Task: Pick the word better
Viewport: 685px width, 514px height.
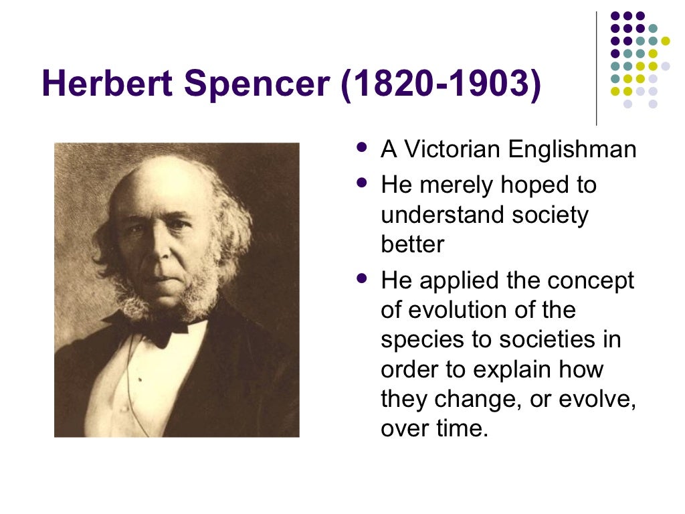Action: click(x=412, y=244)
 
